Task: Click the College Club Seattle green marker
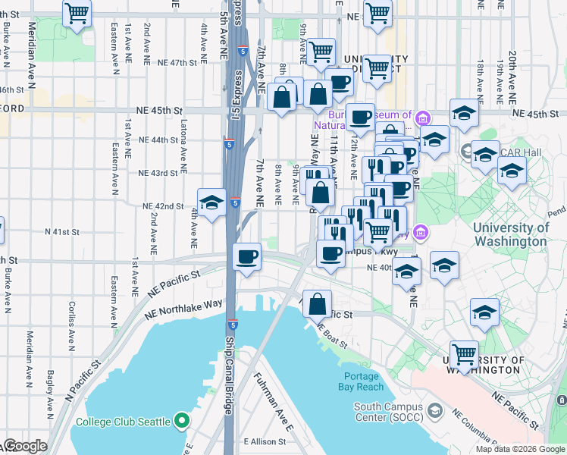point(181,420)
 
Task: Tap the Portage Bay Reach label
point(361,381)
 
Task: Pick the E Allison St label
point(264,441)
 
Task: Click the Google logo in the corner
point(24,446)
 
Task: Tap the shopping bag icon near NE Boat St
point(318,305)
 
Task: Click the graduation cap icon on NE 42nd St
point(212,202)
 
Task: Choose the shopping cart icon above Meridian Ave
point(77,12)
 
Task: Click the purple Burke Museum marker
point(421,117)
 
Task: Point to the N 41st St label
point(62,231)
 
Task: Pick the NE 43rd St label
point(158,173)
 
